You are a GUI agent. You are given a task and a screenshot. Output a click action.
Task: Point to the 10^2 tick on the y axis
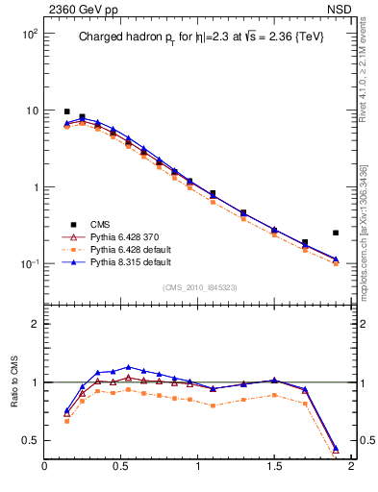(x=26, y=34)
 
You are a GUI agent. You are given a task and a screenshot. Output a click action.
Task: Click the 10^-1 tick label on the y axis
(x=26, y=264)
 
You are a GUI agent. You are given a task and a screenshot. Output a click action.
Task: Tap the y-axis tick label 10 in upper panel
(x=29, y=111)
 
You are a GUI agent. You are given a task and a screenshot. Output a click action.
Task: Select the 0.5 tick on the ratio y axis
(x=30, y=440)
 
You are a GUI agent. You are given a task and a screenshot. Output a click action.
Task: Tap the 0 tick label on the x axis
(x=44, y=468)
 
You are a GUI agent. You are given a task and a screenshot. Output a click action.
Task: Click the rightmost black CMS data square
(x=336, y=233)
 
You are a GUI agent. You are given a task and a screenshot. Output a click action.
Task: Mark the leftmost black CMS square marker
(x=66, y=111)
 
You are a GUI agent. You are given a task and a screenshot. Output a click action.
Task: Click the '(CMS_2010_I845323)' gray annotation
(x=198, y=286)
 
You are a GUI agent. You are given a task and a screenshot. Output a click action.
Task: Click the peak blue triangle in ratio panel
(x=128, y=367)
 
